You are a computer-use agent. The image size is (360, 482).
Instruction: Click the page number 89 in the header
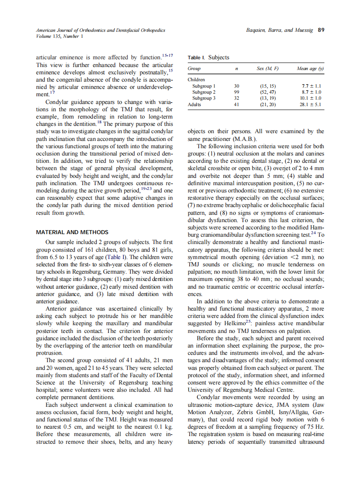[320, 30]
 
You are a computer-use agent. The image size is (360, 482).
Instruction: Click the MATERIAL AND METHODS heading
[72, 232]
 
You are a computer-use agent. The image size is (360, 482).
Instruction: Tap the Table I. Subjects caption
[208, 58]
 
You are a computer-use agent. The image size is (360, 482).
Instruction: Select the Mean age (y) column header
[310, 69]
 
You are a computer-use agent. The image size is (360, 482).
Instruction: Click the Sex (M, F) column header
[268, 69]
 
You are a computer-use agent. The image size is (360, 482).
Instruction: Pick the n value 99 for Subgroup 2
[236, 92]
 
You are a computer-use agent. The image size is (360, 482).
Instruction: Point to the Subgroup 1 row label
[204, 86]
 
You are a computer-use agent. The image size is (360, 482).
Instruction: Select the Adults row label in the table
[194, 104]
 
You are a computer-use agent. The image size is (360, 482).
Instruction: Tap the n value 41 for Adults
[236, 104]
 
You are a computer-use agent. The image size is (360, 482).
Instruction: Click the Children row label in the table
[196, 79]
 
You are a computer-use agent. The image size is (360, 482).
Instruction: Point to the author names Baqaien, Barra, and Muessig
[280, 30]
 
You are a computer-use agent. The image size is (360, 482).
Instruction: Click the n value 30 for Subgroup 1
[236, 86]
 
